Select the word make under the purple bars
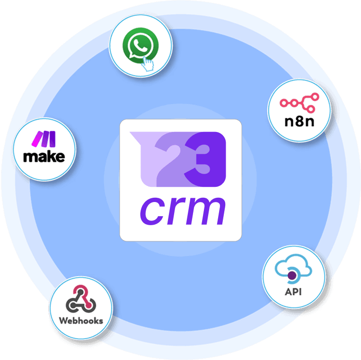click(x=44, y=157)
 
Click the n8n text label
click(x=299, y=122)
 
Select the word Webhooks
click(x=81, y=320)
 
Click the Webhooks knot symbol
click(x=80, y=299)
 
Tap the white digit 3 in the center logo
click(x=205, y=158)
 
